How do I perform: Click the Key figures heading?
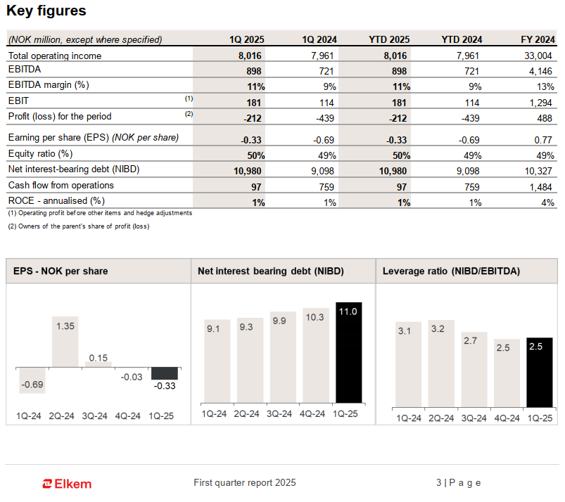[46, 11]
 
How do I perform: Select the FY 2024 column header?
[537, 39]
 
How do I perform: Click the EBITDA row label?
[25, 70]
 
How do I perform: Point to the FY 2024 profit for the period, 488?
[544, 117]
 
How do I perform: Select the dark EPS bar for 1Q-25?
[165, 373]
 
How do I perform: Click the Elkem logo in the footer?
[67, 483]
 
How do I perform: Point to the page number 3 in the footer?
[438, 482]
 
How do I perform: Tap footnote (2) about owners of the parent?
[78, 226]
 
